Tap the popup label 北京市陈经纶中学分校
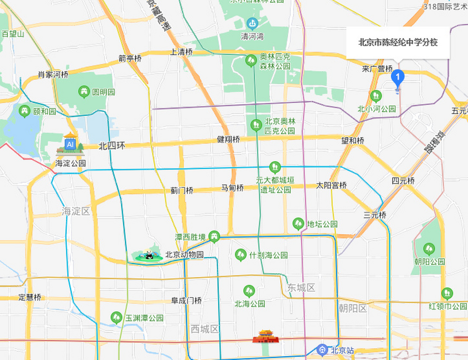coord(398,42)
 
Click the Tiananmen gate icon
coord(265,336)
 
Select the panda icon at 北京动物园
coord(149,255)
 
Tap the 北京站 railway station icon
coord(322,350)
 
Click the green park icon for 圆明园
coord(84,91)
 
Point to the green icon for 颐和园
coord(24,111)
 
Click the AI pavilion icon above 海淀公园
coord(70,144)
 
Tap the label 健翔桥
coord(228,139)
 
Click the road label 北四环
coord(112,146)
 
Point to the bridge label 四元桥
coord(403,181)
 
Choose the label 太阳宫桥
coord(331,185)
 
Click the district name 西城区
coord(204,329)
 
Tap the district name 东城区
coord(301,288)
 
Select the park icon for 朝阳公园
coord(429,249)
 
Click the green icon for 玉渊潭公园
coord(116,318)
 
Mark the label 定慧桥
coord(30,297)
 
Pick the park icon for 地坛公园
coord(298,224)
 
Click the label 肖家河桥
coord(53,75)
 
